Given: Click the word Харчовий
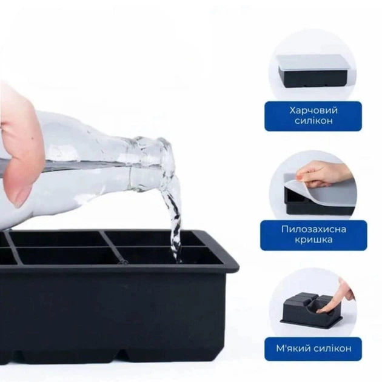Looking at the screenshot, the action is point(313,110).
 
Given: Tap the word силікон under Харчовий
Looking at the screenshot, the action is point(313,121).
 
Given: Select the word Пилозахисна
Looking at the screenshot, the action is point(313,229).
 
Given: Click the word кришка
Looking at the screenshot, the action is point(313,240).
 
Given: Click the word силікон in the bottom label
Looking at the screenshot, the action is point(332,349).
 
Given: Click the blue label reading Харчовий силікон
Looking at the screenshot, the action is point(313,116).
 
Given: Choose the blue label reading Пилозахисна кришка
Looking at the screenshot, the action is point(313,235).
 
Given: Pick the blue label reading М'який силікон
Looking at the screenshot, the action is point(313,349).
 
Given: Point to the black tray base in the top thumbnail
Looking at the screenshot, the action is point(313,78).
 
